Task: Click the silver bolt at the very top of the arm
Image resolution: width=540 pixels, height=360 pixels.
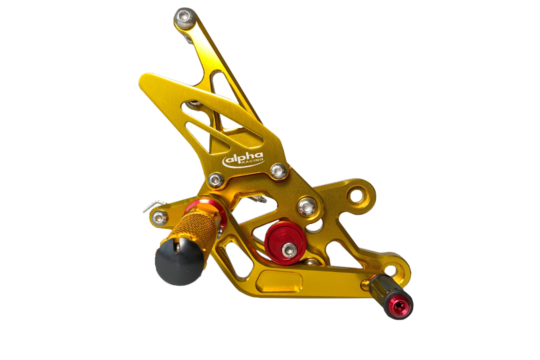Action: pyautogui.click(x=183, y=18)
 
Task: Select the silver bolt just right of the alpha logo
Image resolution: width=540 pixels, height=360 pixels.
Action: pyautogui.click(x=279, y=171)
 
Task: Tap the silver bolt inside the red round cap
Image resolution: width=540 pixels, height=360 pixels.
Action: pyautogui.click(x=288, y=248)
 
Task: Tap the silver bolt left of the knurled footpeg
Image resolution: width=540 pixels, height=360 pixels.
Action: pyautogui.click(x=159, y=217)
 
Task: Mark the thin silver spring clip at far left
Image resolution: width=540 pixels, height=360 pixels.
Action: pyautogui.click(x=150, y=205)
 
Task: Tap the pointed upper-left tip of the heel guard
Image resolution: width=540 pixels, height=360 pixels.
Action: pyautogui.click(x=142, y=78)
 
